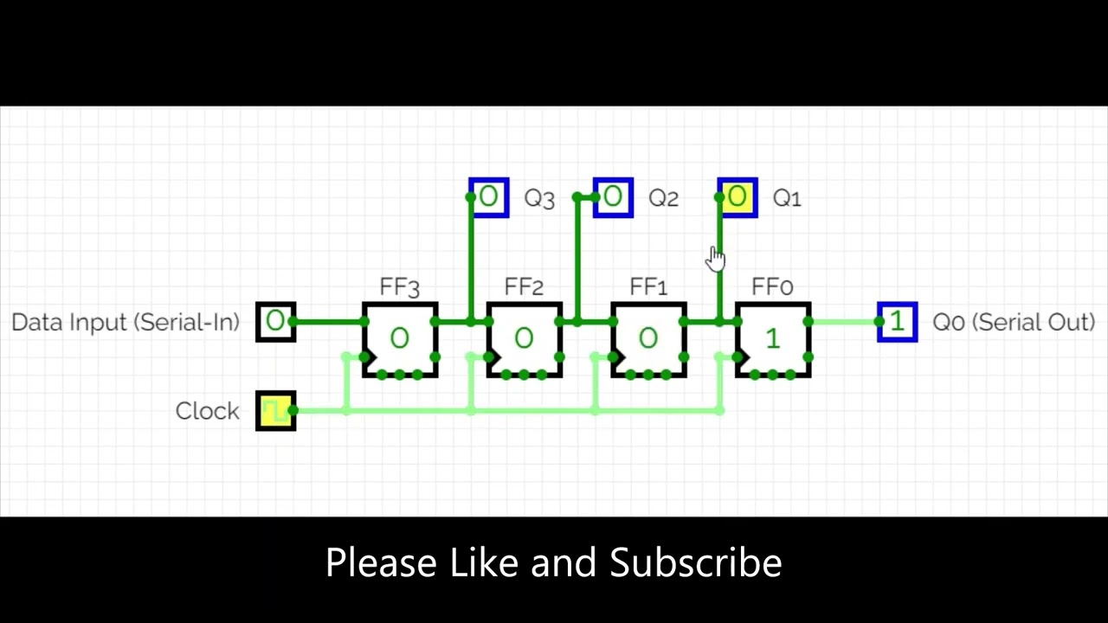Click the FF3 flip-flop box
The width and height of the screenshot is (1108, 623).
[x=400, y=339]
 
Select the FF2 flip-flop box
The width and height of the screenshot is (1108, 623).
[x=524, y=339]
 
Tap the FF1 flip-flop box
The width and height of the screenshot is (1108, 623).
[x=648, y=339]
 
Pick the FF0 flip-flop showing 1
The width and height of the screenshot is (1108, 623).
[x=773, y=339]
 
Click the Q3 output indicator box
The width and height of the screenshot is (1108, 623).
[x=489, y=198]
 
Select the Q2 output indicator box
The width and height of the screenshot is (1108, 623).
[x=613, y=198]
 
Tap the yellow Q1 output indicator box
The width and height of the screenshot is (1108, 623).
[x=738, y=198]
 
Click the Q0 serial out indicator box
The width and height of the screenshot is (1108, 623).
[x=897, y=322]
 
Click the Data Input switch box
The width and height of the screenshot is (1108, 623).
[x=276, y=322]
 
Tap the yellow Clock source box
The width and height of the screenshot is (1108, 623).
[x=276, y=411]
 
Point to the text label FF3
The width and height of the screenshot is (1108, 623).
[x=399, y=287]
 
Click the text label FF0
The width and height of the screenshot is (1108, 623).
[x=772, y=287]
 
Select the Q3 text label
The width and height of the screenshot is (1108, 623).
[x=539, y=199]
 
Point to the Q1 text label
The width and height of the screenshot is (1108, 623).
[x=787, y=199]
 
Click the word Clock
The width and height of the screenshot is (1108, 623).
[x=207, y=411]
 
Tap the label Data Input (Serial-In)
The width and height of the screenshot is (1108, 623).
[x=126, y=322]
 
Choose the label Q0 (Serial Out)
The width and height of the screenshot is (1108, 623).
[x=1014, y=322]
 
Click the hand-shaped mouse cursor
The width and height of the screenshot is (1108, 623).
[x=716, y=258]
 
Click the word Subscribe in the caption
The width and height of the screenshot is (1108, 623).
[x=696, y=563]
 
